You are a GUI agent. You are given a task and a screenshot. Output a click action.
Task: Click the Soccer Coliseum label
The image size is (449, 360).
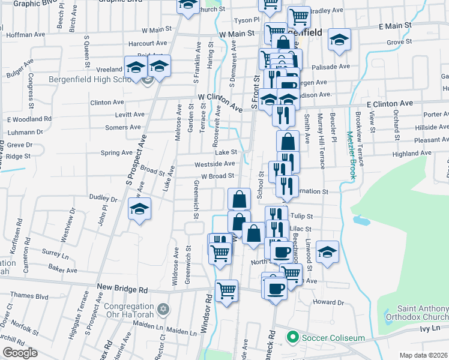(x=333, y=338)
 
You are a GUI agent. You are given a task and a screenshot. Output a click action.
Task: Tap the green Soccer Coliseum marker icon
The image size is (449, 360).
(x=292, y=337)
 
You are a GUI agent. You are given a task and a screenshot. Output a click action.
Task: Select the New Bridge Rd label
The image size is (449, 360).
(x=122, y=289)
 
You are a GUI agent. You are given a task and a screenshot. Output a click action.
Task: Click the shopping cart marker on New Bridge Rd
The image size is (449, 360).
(x=227, y=292)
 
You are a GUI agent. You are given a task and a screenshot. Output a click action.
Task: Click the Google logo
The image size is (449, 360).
(x=20, y=353)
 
